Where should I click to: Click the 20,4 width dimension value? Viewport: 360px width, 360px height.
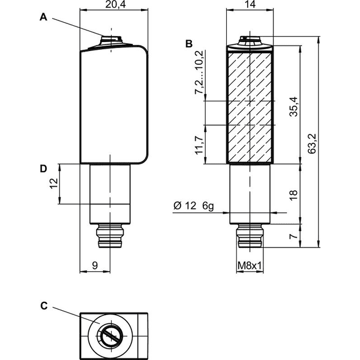[115, 5]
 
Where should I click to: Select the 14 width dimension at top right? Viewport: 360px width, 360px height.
[250, 5]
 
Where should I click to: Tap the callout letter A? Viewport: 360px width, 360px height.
[43, 17]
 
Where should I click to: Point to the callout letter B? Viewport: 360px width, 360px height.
[189, 44]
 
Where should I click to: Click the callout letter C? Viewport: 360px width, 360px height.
[44, 306]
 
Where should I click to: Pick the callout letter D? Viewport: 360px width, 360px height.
[43, 169]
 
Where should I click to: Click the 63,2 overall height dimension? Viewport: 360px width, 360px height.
[312, 143]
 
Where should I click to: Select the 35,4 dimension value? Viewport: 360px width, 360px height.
[293, 107]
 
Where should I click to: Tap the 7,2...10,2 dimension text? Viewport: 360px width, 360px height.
[199, 73]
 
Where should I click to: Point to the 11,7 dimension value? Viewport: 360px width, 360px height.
[199, 145]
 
